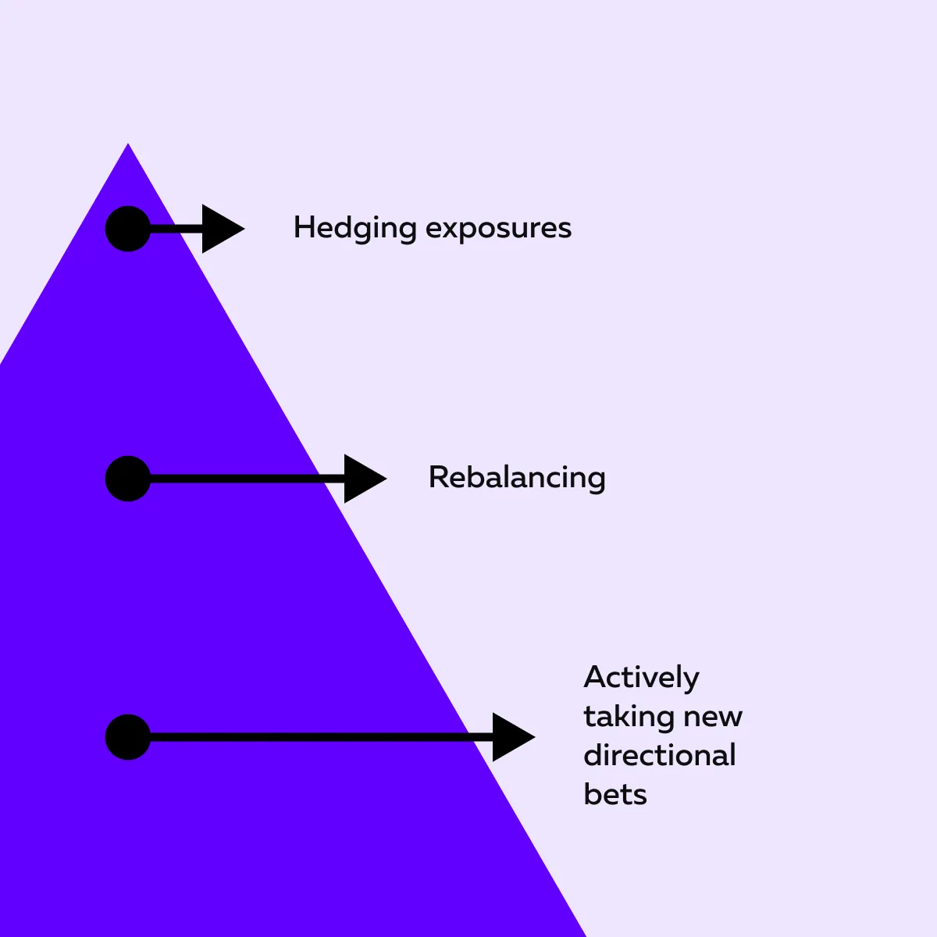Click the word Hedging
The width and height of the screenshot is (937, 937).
(x=354, y=228)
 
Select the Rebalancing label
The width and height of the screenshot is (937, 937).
(x=517, y=477)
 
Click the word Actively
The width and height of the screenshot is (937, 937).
(x=641, y=678)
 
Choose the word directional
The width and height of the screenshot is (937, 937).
(x=660, y=755)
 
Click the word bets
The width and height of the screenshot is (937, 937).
(x=615, y=794)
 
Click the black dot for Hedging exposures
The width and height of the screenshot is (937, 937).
(x=127, y=229)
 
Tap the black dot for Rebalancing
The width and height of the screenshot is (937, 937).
(x=127, y=479)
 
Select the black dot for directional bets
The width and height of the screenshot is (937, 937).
(x=127, y=737)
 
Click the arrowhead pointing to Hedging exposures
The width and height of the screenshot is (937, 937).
(x=220, y=229)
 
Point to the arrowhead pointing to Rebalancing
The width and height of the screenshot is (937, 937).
(x=362, y=479)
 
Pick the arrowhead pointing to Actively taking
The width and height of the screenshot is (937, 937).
(x=511, y=737)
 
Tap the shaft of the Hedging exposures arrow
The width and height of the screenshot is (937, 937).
(x=176, y=229)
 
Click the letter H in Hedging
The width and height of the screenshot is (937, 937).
(x=303, y=227)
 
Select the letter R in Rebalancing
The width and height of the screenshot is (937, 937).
(x=438, y=477)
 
